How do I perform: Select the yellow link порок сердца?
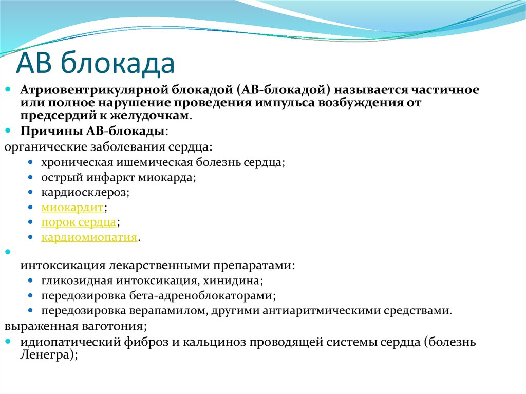(79, 222)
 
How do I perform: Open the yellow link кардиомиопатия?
(89, 237)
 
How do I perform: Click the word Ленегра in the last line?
(47, 354)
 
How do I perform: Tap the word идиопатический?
(61, 342)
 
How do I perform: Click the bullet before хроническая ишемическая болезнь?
(32, 163)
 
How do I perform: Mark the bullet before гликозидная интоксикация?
(32, 281)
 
